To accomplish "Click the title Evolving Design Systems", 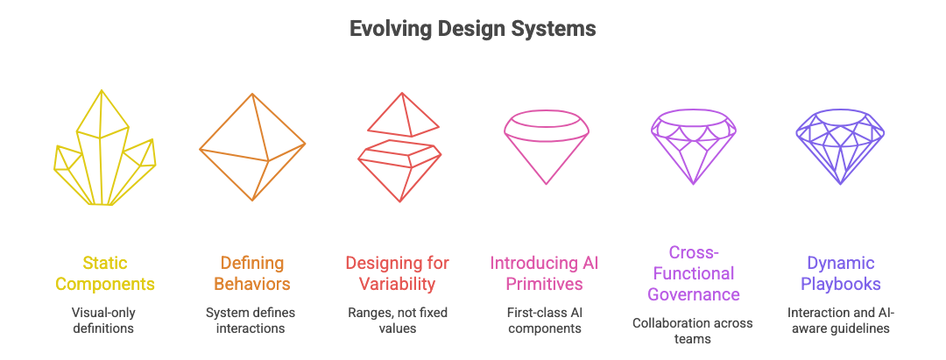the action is [x=473, y=29].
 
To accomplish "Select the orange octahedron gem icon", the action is [x=252, y=145].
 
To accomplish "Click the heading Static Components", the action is [x=105, y=273].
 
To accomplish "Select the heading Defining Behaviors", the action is [x=252, y=273].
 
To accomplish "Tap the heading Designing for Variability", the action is [x=398, y=273].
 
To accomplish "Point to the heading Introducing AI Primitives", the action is [x=545, y=273].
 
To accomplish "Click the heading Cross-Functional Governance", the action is [x=692, y=273].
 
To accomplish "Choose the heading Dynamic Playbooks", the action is [x=840, y=273].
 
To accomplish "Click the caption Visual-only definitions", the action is [x=105, y=321].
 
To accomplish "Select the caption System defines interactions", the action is [x=252, y=321].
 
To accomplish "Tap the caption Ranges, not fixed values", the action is [x=398, y=321].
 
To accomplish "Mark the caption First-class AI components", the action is [x=545, y=321].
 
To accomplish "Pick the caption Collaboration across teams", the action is [x=692, y=331].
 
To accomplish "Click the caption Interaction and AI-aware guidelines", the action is [x=840, y=321].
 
